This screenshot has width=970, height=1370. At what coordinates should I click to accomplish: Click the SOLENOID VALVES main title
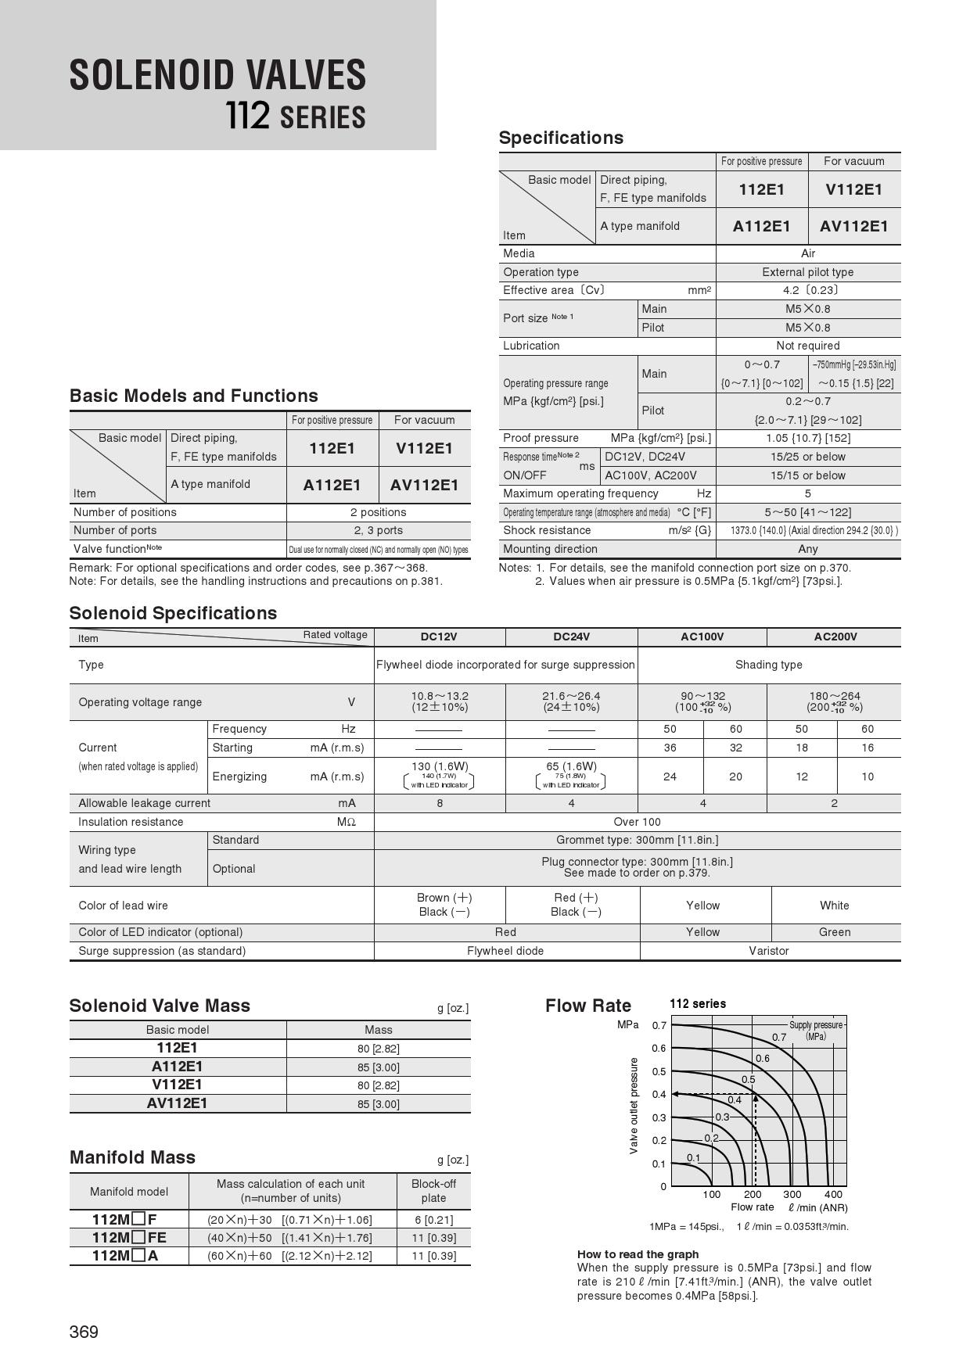click(x=217, y=76)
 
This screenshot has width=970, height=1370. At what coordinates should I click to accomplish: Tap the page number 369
click(x=84, y=1332)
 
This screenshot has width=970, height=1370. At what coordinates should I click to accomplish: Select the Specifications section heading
click(x=561, y=138)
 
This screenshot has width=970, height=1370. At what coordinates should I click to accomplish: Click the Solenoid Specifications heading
click(x=173, y=613)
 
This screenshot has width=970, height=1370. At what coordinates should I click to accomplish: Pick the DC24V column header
click(x=571, y=637)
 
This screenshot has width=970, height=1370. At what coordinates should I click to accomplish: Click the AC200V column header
click(x=835, y=637)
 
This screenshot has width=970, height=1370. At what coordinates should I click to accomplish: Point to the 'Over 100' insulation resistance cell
click(x=637, y=822)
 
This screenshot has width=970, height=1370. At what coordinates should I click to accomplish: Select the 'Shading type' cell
click(x=768, y=665)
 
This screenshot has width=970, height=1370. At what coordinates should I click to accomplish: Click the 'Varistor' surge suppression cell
click(x=768, y=951)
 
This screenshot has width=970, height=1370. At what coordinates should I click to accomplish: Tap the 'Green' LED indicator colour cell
click(x=834, y=932)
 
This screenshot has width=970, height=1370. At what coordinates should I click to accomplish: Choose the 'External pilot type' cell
click(x=807, y=272)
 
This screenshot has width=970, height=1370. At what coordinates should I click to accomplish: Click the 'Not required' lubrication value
click(x=807, y=346)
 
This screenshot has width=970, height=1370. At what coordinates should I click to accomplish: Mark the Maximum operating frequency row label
click(x=580, y=493)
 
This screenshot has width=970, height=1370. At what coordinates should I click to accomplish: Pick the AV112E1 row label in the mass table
click(x=178, y=1103)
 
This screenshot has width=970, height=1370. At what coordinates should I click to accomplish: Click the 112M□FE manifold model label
click(x=129, y=1238)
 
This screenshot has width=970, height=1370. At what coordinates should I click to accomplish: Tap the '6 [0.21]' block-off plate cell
click(x=433, y=1220)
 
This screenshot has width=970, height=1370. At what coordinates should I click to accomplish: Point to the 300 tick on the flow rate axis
click(x=792, y=1195)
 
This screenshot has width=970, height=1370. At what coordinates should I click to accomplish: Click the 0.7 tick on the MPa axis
click(x=659, y=1025)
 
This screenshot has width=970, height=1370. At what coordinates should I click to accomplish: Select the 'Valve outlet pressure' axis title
click(x=634, y=1106)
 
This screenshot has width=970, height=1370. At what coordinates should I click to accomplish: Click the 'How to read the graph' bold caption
click(x=638, y=1254)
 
